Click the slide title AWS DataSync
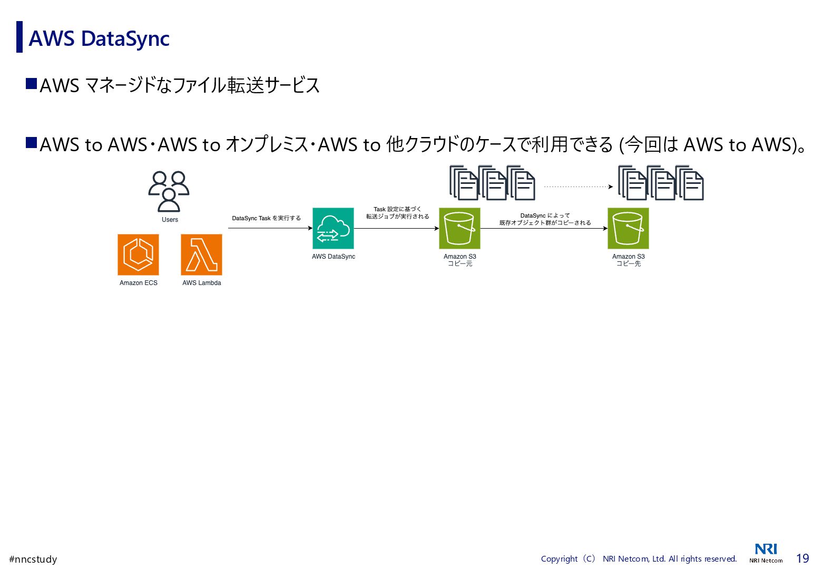coord(99,38)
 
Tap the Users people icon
coord(169,191)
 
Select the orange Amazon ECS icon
coord(138,254)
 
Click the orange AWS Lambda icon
coord(201,254)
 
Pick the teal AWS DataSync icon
coord(333,228)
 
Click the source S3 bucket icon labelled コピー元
coord(459,228)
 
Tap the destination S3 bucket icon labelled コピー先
coord(628,228)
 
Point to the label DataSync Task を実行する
coord(266,218)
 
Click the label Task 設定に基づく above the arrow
coord(397,209)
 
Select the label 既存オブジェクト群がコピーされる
coord(545,223)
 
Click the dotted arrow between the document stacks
coord(578,187)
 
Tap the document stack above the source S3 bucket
coord(492,183)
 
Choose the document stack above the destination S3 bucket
coord(661,183)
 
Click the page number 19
coord(802,558)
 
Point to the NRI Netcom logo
coord(766,553)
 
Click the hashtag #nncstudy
coord(33,559)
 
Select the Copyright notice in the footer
coord(639,558)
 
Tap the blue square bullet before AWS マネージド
coord(31,84)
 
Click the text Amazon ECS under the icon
coord(138,283)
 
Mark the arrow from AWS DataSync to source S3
coord(396,228)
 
